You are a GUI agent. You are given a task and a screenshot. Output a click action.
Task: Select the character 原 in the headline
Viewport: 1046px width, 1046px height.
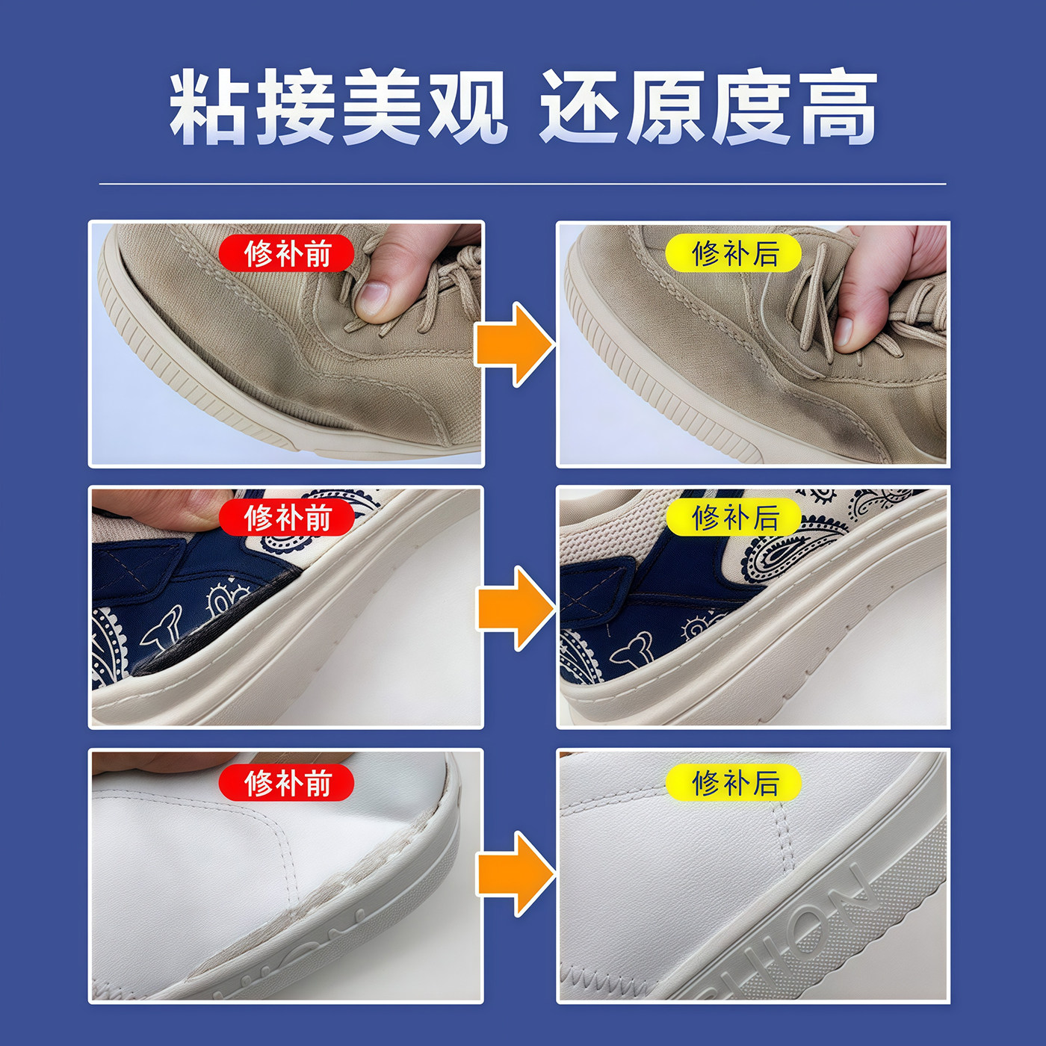[x=666, y=106]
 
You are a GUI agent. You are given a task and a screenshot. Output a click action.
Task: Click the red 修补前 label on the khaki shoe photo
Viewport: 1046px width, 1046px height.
[x=287, y=253]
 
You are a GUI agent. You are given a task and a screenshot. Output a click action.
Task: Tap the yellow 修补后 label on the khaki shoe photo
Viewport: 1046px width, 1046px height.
[x=734, y=253]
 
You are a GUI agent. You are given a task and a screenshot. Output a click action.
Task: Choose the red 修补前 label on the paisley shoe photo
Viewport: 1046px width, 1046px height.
[x=287, y=518]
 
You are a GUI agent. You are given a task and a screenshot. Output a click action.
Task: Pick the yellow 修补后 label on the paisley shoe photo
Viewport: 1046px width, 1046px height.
[x=734, y=518]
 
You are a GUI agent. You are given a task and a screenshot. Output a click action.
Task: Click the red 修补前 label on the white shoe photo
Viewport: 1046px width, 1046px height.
[x=287, y=783]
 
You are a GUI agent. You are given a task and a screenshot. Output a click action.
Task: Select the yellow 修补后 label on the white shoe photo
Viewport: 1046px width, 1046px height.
[x=734, y=783]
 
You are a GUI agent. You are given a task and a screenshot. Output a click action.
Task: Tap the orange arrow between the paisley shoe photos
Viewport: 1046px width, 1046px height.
[x=515, y=609]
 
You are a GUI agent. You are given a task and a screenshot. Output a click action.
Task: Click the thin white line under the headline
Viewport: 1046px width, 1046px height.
[x=522, y=184]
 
